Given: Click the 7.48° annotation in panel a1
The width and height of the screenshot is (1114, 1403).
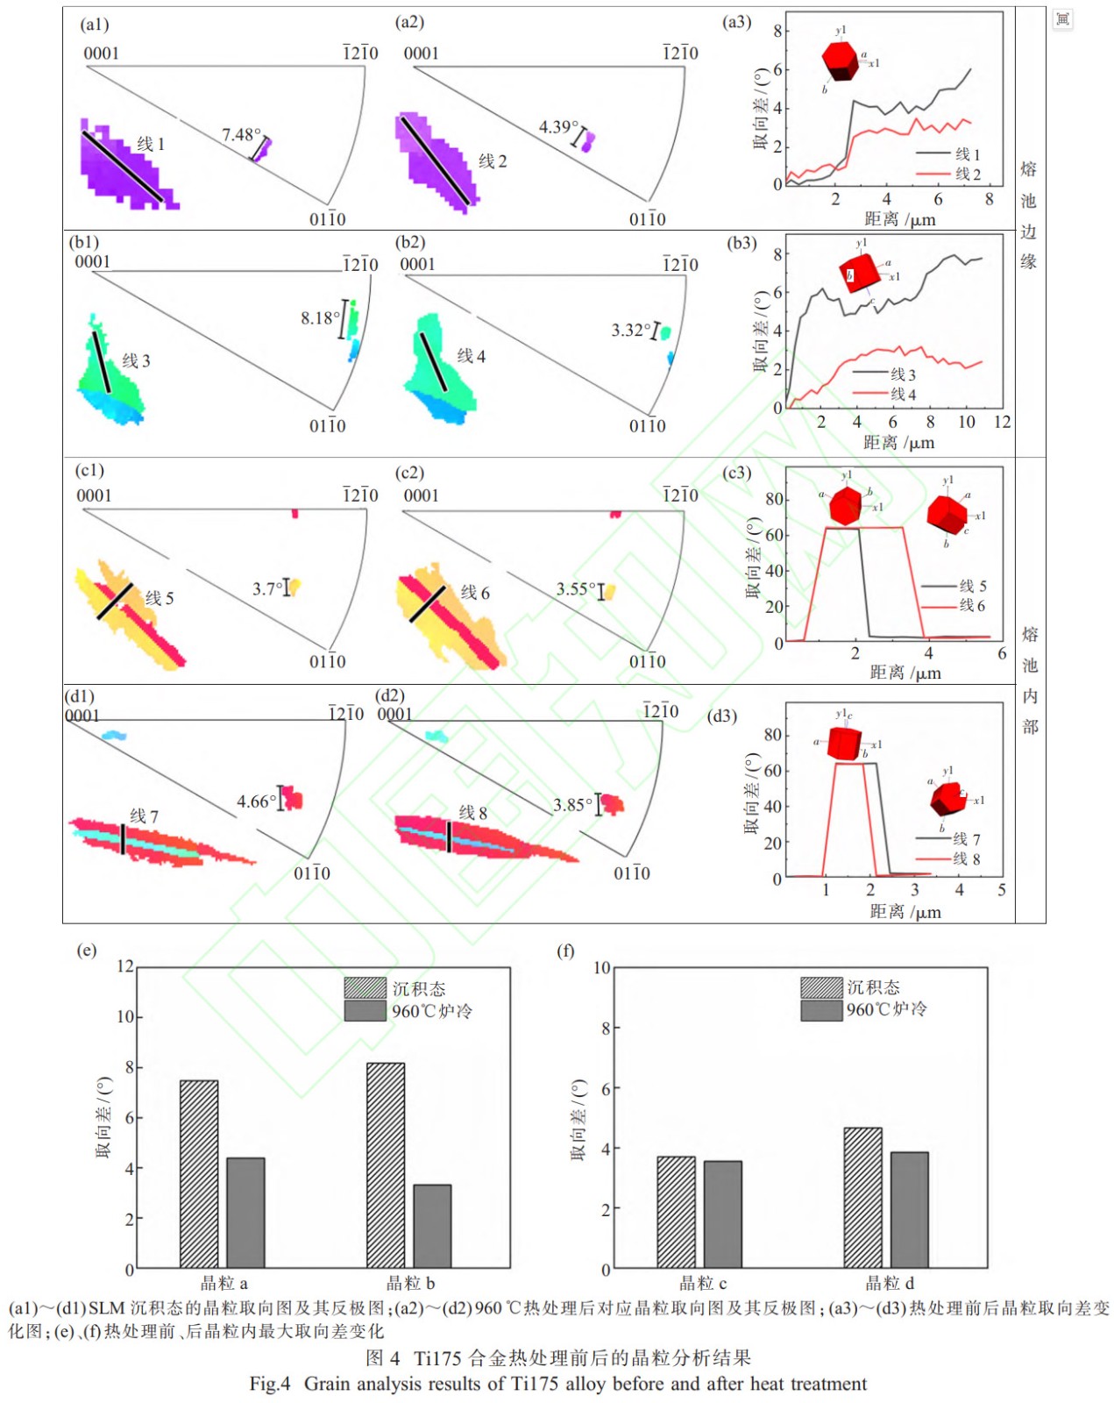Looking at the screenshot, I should pyautogui.click(x=241, y=135).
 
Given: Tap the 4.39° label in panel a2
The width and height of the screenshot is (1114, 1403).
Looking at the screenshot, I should pyautogui.click(x=558, y=128).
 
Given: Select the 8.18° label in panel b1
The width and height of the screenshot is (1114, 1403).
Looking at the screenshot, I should pyautogui.click(x=320, y=317).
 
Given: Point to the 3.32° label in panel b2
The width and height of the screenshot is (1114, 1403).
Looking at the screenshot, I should pyautogui.click(x=631, y=331).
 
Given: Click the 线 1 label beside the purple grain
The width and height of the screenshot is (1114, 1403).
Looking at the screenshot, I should pyautogui.click(x=151, y=144).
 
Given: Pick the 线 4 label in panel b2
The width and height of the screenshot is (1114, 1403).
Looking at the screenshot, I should pyautogui.click(x=471, y=356).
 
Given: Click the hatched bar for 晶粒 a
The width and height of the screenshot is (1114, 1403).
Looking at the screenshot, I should pyautogui.click(x=199, y=1173).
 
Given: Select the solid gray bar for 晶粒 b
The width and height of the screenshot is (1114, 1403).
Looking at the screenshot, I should pyautogui.click(x=432, y=1226).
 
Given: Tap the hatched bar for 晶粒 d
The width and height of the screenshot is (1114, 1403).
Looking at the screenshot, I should pyautogui.click(x=862, y=1197).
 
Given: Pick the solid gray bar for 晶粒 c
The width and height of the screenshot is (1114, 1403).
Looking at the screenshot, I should pyautogui.click(x=722, y=1214).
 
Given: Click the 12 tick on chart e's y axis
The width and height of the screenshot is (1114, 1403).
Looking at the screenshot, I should pyautogui.click(x=125, y=966).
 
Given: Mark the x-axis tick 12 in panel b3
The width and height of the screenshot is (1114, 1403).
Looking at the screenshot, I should pyautogui.click(x=1002, y=423).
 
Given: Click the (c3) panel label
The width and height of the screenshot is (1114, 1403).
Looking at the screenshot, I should pyautogui.click(x=736, y=473).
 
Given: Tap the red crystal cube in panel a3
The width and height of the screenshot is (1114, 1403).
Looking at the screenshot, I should pyautogui.click(x=840, y=60).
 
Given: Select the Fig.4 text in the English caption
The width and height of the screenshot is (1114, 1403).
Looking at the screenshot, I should pyautogui.click(x=269, y=1384).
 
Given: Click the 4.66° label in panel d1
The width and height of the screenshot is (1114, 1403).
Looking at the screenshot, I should pyautogui.click(x=257, y=801).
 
